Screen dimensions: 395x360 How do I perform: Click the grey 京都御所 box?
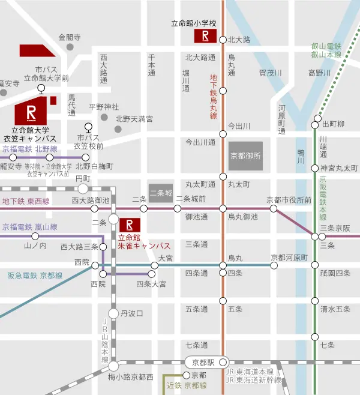(246, 155)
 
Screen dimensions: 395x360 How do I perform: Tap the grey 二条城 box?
(161, 193)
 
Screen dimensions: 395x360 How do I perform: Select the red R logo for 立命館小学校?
(205, 36)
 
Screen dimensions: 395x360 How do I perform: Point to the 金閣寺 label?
(69, 37)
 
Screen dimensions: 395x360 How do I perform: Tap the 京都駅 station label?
(199, 362)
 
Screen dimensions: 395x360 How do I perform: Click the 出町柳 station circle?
(315, 125)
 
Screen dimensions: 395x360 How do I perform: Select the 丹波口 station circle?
(113, 313)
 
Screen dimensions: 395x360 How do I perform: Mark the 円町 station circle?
(83, 188)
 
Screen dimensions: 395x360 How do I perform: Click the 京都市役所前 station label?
(289, 200)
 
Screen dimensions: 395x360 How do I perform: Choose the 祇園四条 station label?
(335, 273)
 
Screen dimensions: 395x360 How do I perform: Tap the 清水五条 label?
(335, 310)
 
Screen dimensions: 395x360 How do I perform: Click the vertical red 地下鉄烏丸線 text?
(213, 96)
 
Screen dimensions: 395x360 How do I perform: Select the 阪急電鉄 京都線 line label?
(35, 275)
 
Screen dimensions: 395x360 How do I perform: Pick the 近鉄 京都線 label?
(186, 385)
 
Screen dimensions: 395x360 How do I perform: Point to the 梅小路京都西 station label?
(131, 376)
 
